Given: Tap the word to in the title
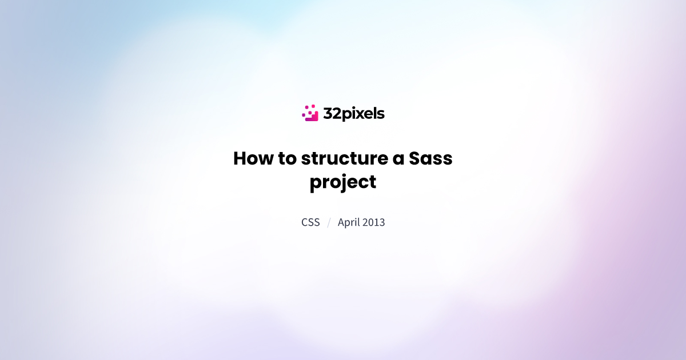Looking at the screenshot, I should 288,159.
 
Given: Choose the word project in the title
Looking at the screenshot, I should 343,183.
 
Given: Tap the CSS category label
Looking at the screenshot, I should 310,222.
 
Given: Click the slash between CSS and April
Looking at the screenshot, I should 329,222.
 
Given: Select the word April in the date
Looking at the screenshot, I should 350,222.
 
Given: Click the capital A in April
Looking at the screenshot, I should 341,222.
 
